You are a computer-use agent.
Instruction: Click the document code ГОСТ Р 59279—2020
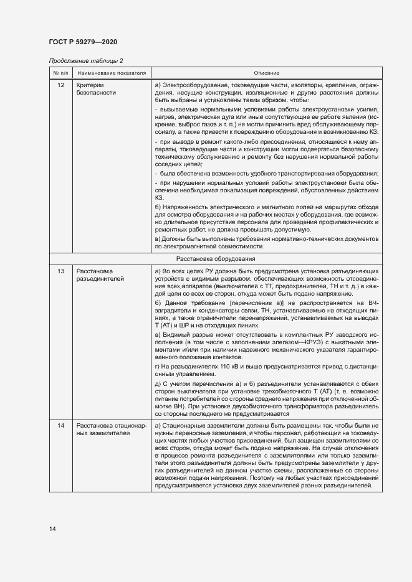(82, 42)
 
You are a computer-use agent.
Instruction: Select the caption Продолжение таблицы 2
(86, 60)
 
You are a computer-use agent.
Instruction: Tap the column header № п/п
(60, 73)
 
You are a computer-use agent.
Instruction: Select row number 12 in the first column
(60, 85)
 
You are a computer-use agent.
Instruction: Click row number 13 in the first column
(60, 271)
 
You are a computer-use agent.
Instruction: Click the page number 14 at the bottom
(52, 528)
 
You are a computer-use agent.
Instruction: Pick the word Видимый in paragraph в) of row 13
(176, 336)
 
